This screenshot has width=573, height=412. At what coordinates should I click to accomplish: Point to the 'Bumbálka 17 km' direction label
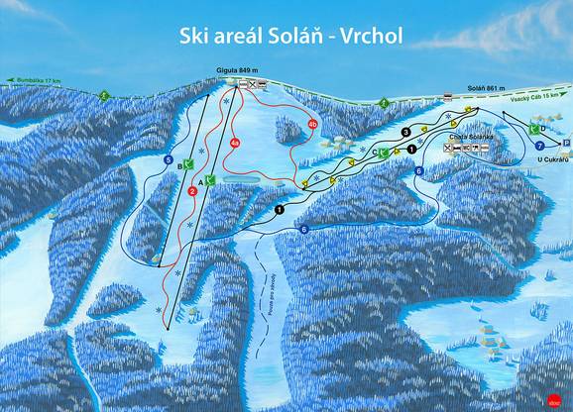tap(32, 79)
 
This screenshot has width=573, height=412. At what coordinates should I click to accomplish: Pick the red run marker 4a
tap(235, 143)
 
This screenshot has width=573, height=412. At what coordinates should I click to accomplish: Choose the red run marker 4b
tap(312, 124)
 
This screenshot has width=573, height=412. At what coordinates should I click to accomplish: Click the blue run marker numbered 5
tap(169, 160)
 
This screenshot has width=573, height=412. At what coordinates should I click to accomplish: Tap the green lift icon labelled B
tap(188, 167)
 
